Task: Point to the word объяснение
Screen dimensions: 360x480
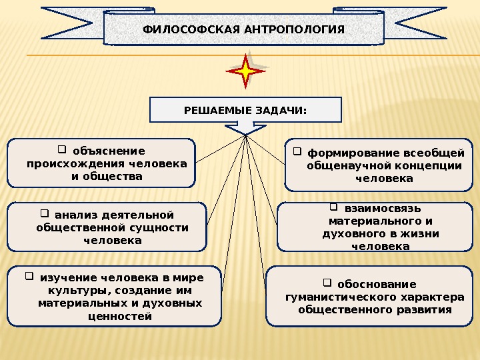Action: coord(109,151)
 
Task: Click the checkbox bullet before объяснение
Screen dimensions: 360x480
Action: coord(62,149)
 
